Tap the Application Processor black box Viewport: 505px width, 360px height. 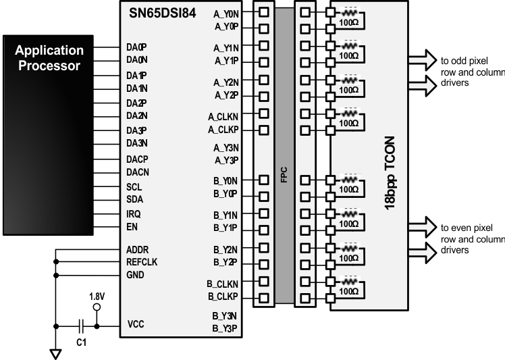click(x=49, y=58)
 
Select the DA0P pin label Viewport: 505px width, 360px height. click(x=136, y=47)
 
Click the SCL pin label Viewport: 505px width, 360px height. click(x=134, y=187)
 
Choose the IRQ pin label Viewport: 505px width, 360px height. click(x=134, y=213)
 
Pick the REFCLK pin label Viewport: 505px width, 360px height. click(x=142, y=261)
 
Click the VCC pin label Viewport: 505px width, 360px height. click(x=136, y=325)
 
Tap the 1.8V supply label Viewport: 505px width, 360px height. click(x=97, y=296)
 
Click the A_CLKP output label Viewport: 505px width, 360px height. click(x=223, y=129)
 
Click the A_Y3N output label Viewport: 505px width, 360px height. click(x=225, y=148)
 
